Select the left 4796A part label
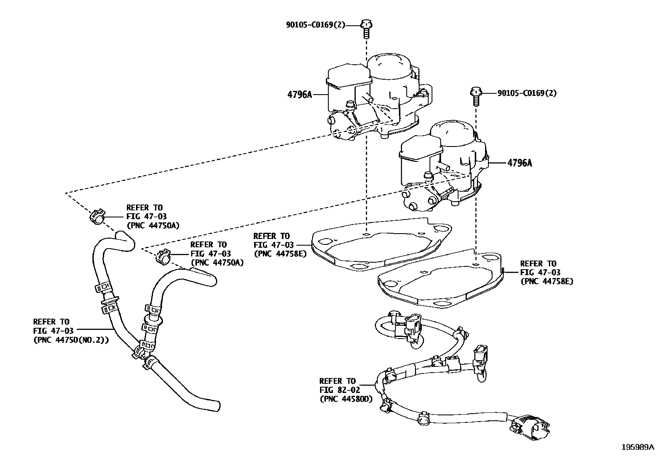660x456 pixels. click(299, 95)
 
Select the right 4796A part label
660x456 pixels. click(519, 163)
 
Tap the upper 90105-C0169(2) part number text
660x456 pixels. click(315, 24)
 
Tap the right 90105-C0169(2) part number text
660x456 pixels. click(527, 93)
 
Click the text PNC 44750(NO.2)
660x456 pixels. click(71, 339)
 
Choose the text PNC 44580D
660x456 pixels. click(346, 399)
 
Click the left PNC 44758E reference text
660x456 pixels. click(280, 254)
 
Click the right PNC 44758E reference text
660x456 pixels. click(546, 281)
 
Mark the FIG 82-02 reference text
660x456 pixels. click(340, 390)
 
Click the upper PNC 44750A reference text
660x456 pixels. click(153, 225)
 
